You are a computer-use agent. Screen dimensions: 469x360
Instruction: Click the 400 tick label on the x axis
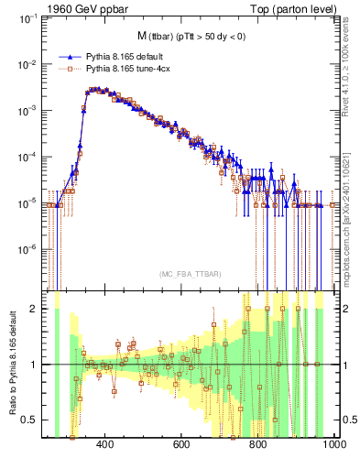click(104, 445)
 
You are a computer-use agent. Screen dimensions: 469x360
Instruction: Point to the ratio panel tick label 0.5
click(34, 420)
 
